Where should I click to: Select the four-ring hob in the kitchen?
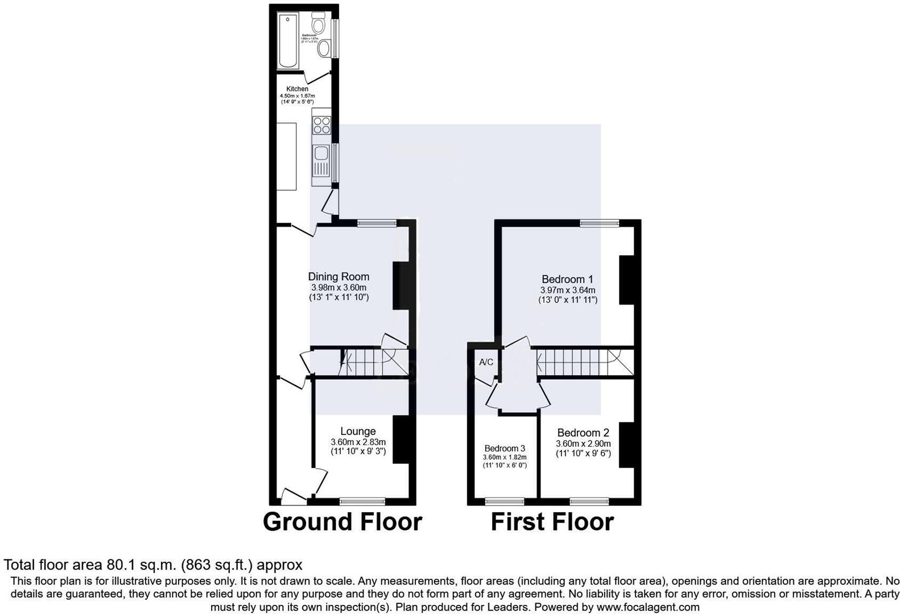click(x=321, y=125)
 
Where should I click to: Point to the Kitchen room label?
click(x=297, y=89)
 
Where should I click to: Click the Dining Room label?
click(x=338, y=277)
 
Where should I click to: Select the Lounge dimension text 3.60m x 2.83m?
click(x=358, y=442)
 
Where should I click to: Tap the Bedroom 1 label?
click(x=567, y=279)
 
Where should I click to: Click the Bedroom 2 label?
click(x=583, y=433)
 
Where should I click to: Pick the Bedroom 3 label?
click(x=505, y=449)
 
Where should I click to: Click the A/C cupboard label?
click(x=486, y=363)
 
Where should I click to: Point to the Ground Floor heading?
click(x=342, y=522)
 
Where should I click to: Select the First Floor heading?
click(x=552, y=522)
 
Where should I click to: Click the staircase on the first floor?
click(x=583, y=363)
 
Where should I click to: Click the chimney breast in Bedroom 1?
click(x=626, y=280)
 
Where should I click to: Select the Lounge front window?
click(x=362, y=501)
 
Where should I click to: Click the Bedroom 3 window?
click(x=504, y=501)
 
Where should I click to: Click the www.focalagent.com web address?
click(x=647, y=607)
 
